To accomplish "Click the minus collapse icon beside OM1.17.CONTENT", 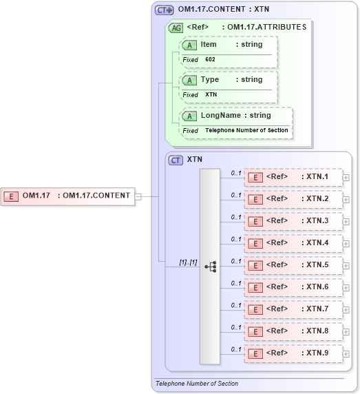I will [x=138, y=196].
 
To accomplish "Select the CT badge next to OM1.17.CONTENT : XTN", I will [x=164, y=10].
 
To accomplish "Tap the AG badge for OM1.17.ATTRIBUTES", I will [x=176, y=28].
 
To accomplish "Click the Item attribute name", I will [x=208, y=44].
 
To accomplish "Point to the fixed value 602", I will [x=211, y=60].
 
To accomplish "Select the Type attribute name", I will [x=209, y=79].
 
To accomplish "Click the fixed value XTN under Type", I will [x=211, y=95].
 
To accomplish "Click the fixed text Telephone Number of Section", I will [x=246, y=130].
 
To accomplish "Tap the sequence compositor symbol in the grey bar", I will [x=210, y=266].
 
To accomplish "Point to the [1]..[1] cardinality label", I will [x=189, y=262].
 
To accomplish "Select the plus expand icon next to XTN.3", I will [x=346, y=221].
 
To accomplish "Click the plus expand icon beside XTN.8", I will [x=346, y=331].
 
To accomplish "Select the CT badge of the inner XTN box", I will [x=176, y=159].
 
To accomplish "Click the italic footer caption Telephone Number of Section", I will [x=197, y=384].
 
